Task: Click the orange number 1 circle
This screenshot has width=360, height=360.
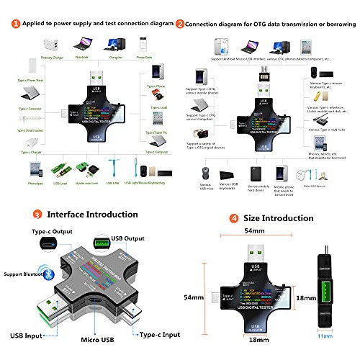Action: pyautogui.click(x=15, y=23)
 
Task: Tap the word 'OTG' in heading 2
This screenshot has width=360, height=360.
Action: pyautogui.click(x=256, y=23)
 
